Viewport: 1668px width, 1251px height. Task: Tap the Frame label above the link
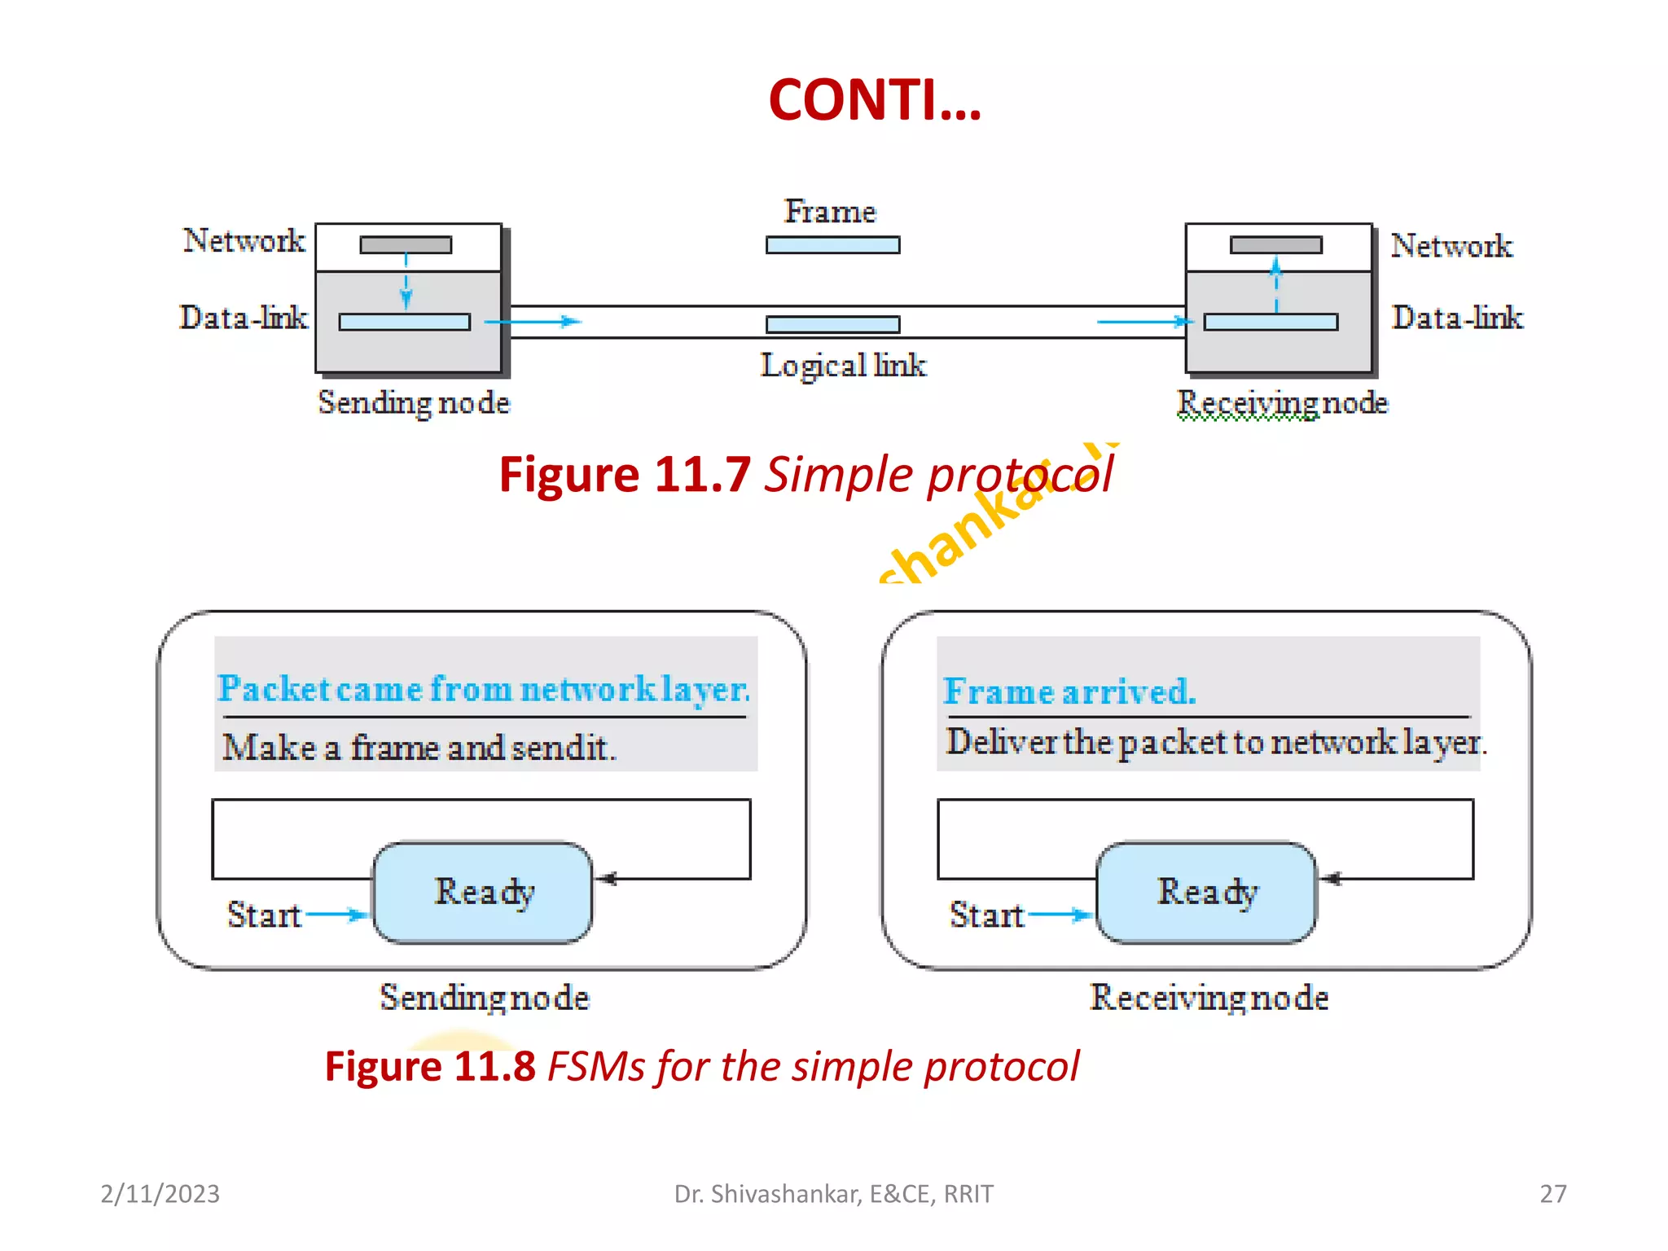click(x=830, y=212)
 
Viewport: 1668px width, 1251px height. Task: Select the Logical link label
click(x=843, y=366)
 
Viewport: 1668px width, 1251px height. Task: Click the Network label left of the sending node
click(x=244, y=241)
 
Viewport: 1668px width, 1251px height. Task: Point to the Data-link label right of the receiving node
click(x=1456, y=318)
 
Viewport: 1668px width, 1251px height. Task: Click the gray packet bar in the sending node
click(x=406, y=245)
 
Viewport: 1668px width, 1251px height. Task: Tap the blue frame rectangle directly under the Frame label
click(x=832, y=245)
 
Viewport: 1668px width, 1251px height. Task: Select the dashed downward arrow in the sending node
click(x=406, y=282)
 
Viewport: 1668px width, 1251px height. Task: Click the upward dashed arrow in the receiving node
click(x=1276, y=284)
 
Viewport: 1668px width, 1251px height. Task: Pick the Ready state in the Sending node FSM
click(x=483, y=893)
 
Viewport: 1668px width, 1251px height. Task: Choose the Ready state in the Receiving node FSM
click(x=1206, y=893)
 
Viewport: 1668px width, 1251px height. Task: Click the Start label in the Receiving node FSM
click(x=986, y=915)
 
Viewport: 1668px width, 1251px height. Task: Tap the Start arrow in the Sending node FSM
click(x=336, y=915)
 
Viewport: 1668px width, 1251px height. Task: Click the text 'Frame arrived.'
click(x=1069, y=691)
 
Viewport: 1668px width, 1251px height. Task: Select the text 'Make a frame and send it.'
click(x=419, y=748)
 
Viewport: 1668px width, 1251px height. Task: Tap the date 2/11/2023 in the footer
click(x=160, y=1194)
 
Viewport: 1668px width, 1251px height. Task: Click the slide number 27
click(x=1552, y=1194)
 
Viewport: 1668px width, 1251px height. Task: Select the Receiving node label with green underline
click(x=1281, y=403)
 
